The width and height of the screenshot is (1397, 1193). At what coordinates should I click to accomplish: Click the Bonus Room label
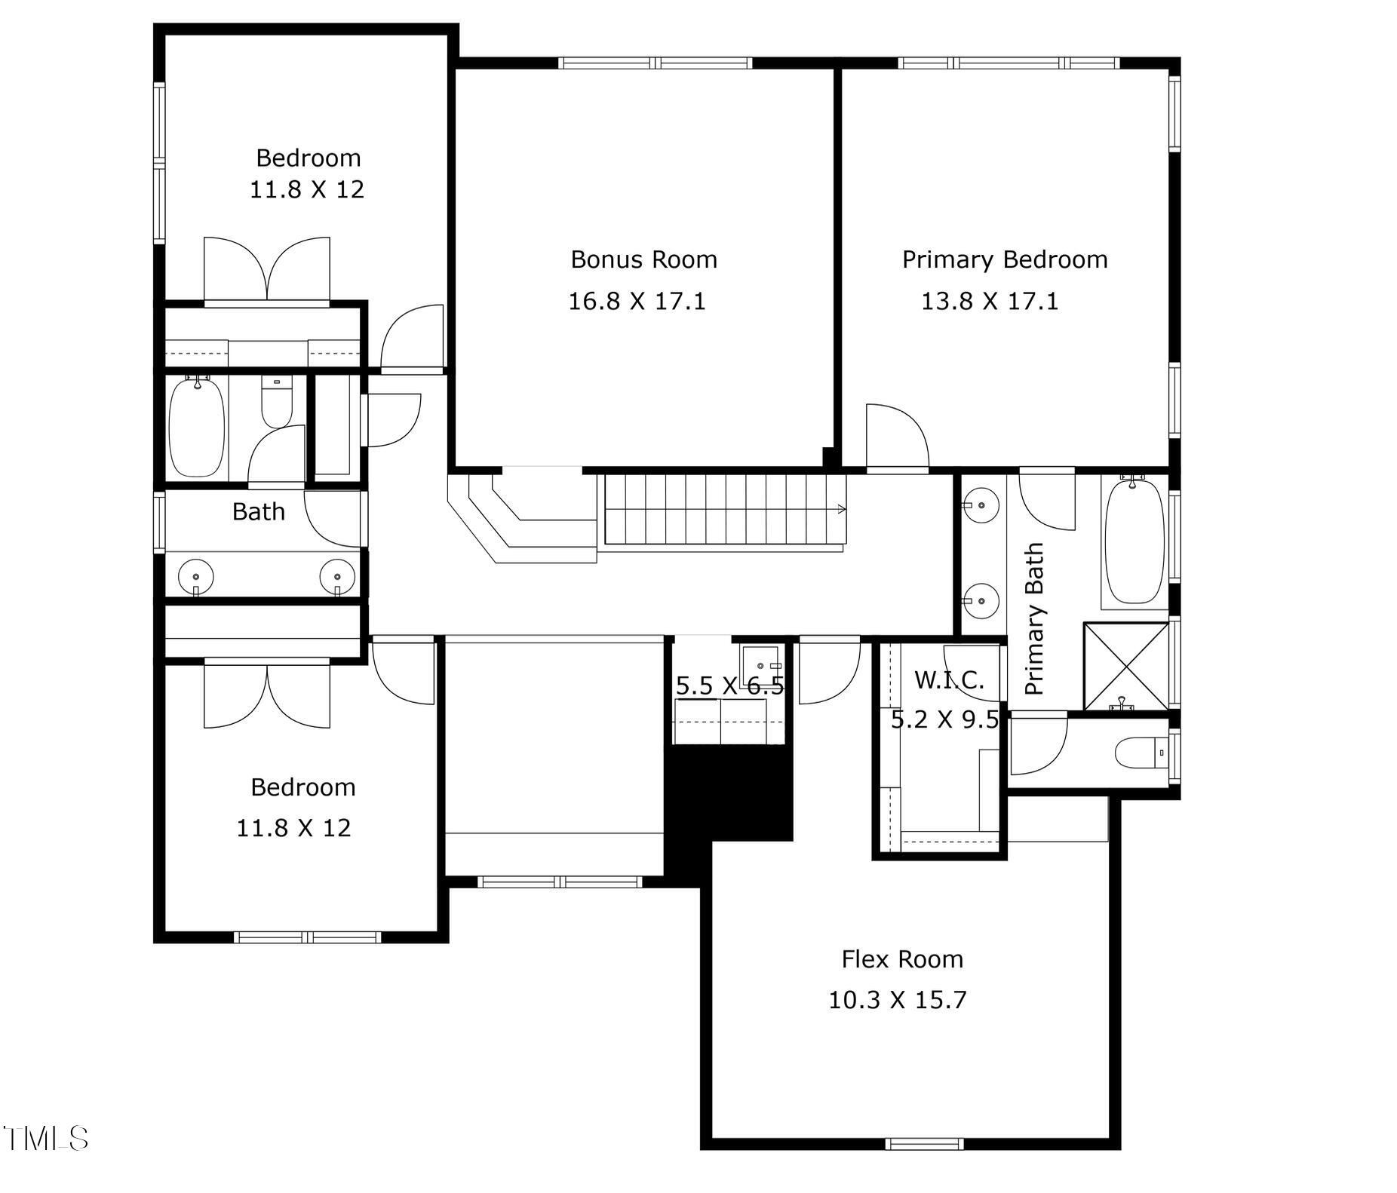[x=643, y=259]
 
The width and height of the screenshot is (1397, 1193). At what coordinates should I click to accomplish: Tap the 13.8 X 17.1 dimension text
[x=989, y=301]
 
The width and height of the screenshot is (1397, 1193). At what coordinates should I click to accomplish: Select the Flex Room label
[x=901, y=958]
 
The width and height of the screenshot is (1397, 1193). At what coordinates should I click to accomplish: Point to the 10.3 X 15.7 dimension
[x=897, y=1000]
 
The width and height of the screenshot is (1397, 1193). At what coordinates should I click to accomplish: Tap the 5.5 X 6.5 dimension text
[x=729, y=685]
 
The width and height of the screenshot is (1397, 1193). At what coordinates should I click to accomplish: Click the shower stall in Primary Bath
[x=1125, y=666]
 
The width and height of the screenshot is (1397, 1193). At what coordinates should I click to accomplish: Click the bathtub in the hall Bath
[x=196, y=428]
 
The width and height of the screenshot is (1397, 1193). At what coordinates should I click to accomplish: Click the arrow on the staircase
[x=840, y=509]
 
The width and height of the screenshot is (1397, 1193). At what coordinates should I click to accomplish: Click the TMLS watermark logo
[x=45, y=1138]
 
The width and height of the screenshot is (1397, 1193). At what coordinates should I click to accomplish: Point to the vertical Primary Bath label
[x=1034, y=618]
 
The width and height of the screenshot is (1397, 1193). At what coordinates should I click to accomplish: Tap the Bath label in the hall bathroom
[x=258, y=511]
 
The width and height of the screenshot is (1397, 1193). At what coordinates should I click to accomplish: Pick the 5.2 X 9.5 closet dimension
[x=944, y=719]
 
